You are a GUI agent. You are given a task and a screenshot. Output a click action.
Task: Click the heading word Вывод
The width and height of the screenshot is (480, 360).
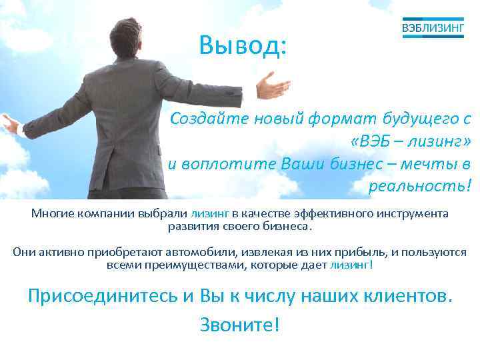tap(243, 45)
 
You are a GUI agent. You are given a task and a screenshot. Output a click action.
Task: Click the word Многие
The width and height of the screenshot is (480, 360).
tap(53, 213)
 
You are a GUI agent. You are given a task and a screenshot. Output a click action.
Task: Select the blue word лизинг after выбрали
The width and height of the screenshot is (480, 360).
tap(210, 213)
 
